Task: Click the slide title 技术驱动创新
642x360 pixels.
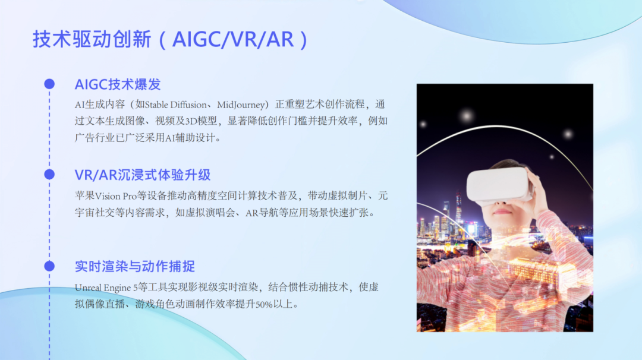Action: coord(92,39)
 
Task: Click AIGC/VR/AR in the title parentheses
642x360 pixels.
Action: coord(232,39)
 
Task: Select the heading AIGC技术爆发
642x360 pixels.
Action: coord(118,84)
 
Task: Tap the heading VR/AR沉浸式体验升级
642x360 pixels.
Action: coord(143,175)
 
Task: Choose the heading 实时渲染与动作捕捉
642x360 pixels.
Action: coord(135,266)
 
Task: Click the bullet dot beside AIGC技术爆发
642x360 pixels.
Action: coord(49,84)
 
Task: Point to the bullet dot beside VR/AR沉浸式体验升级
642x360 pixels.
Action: coord(49,175)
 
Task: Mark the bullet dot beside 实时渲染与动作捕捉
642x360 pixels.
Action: coord(49,266)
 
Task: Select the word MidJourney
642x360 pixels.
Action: coord(241,105)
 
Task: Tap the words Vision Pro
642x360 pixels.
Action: coord(116,196)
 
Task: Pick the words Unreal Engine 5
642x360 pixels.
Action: coord(106,288)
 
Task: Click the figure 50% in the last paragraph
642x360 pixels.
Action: coord(264,304)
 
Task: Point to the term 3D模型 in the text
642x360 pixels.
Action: coord(201,121)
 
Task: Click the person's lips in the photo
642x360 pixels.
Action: coord(503,211)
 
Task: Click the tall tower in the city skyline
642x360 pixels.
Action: coord(458,209)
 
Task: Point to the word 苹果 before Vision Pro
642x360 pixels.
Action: coord(85,196)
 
